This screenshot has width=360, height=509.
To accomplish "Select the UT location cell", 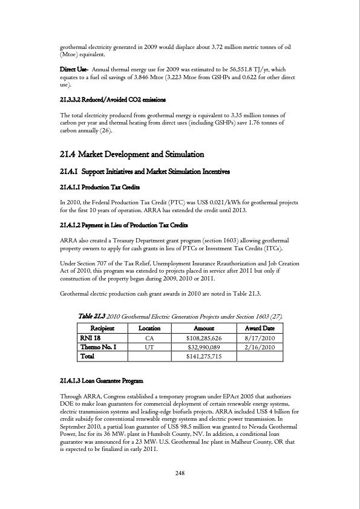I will pyautogui.click(x=149, y=348).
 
